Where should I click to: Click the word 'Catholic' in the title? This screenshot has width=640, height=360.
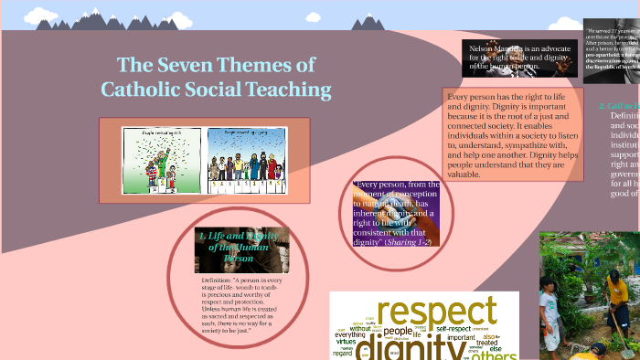pos(145,90)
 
